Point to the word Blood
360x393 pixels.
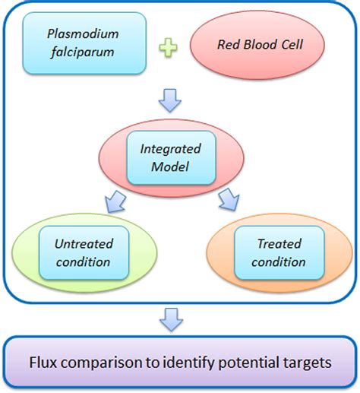click(261, 45)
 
